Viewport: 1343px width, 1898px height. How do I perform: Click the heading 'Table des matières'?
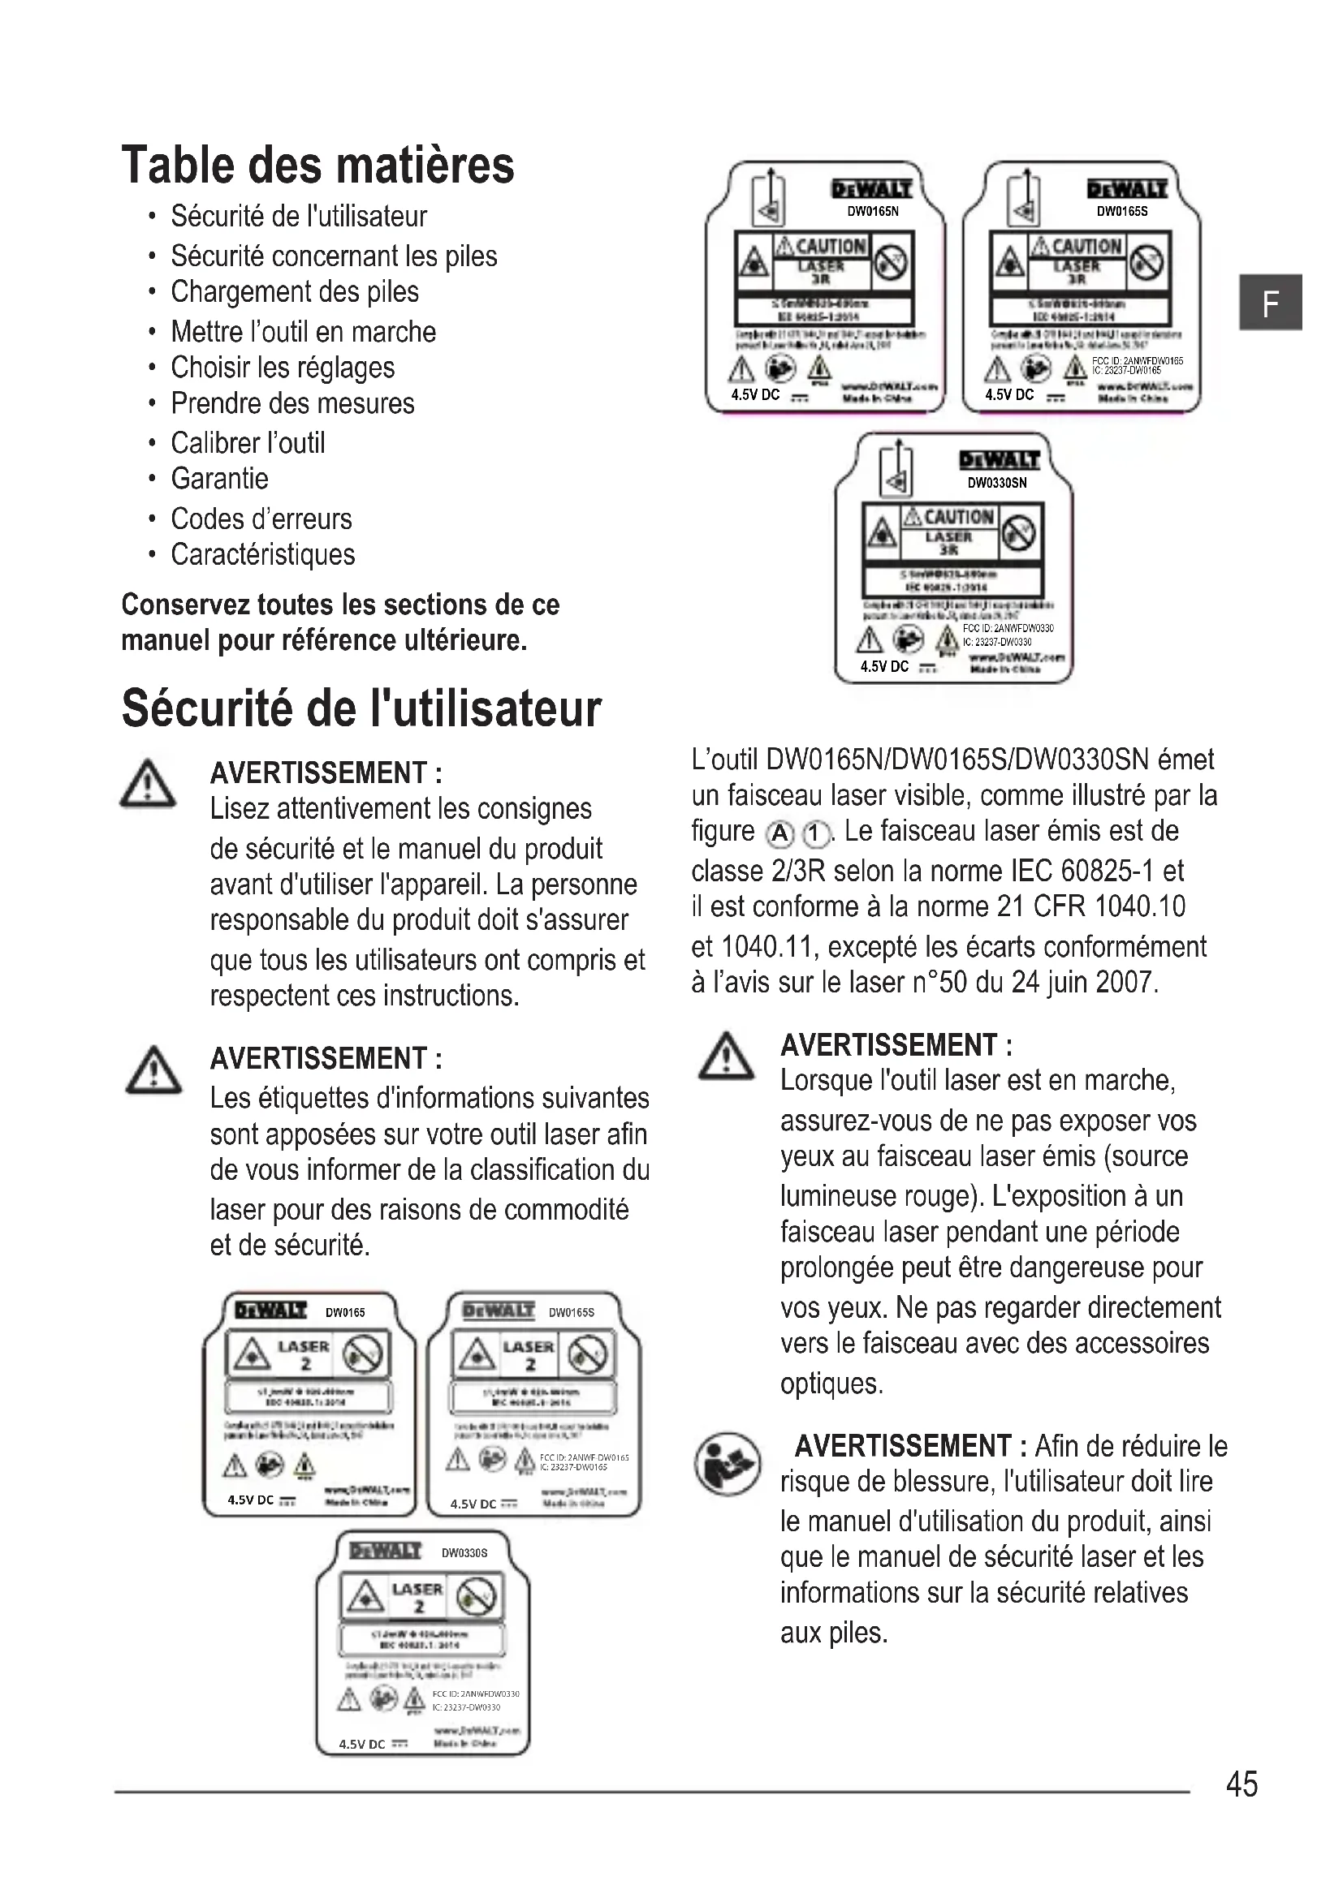tap(317, 166)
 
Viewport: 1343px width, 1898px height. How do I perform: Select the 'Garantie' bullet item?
tap(219, 479)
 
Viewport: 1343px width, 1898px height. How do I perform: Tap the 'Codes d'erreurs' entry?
tap(261, 519)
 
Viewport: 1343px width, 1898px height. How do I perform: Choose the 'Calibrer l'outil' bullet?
tap(248, 443)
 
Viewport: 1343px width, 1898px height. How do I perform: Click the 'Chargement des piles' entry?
tap(295, 292)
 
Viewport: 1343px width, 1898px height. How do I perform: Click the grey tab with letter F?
tap(1271, 303)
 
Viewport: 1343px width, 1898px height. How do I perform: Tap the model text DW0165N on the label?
tap(872, 212)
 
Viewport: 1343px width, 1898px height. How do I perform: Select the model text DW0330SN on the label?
tap(996, 483)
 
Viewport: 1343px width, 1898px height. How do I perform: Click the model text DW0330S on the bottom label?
tap(464, 1553)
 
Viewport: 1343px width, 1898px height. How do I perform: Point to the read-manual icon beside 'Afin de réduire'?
tap(727, 1464)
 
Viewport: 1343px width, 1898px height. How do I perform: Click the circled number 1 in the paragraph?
tap(815, 834)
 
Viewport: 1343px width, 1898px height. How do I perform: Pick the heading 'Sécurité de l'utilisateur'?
tap(361, 709)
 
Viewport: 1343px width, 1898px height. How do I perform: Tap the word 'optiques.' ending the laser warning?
tap(832, 1383)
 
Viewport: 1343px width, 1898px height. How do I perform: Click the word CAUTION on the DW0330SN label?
tap(957, 518)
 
